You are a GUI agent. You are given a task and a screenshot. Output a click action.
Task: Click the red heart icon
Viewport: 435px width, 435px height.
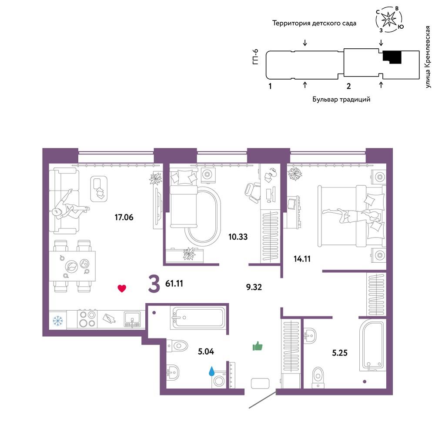(x=122, y=288)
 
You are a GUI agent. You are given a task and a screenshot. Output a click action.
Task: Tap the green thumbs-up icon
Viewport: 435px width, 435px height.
(x=258, y=346)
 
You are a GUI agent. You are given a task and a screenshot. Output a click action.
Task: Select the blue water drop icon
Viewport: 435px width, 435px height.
(x=212, y=371)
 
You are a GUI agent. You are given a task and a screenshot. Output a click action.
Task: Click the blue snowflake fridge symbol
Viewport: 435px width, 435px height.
(x=58, y=321)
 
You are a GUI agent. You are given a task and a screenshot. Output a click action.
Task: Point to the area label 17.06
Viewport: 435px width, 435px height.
(x=124, y=217)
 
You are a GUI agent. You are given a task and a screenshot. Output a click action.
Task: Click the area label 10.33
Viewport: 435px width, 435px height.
(x=238, y=237)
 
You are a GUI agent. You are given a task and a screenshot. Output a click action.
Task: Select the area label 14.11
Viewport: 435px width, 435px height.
(x=302, y=259)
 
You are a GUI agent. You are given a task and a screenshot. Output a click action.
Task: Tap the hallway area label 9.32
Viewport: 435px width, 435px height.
(x=254, y=287)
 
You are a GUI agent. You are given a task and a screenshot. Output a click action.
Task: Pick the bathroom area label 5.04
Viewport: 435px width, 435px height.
(x=206, y=351)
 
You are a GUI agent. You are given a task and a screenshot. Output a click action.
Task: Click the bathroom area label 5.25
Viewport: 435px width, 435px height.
(x=340, y=353)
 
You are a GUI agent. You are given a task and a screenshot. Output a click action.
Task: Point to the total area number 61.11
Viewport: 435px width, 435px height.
(x=174, y=284)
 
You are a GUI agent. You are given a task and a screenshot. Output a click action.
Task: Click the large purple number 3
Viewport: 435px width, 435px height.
(x=154, y=284)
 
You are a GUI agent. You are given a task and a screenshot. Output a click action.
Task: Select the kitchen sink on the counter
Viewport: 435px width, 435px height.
(x=132, y=319)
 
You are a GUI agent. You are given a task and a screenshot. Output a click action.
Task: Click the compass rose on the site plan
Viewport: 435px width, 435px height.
(x=389, y=19)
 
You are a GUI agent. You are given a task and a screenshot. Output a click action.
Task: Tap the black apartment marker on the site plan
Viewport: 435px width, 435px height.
(x=392, y=57)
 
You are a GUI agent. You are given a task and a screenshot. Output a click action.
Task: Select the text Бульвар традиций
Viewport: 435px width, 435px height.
(x=341, y=99)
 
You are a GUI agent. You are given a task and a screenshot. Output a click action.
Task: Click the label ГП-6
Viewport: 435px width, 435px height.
(x=255, y=57)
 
